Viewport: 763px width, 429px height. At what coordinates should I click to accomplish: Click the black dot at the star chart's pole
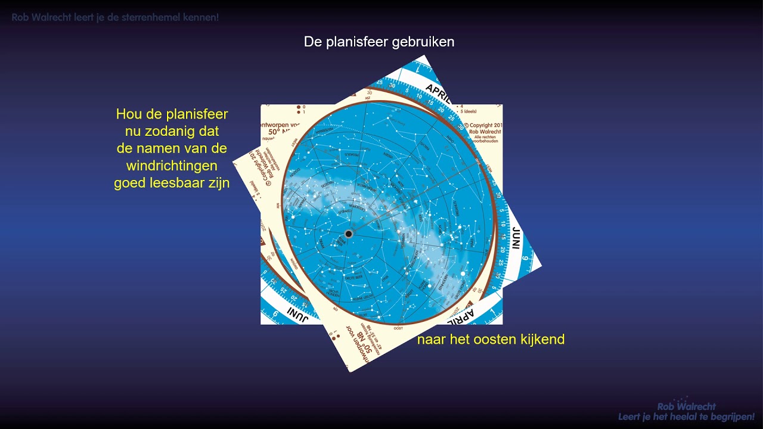[x=349, y=234]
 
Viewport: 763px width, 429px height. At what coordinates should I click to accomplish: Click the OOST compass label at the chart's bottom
[x=398, y=328]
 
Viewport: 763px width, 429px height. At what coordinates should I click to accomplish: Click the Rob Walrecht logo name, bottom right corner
[x=686, y=406]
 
